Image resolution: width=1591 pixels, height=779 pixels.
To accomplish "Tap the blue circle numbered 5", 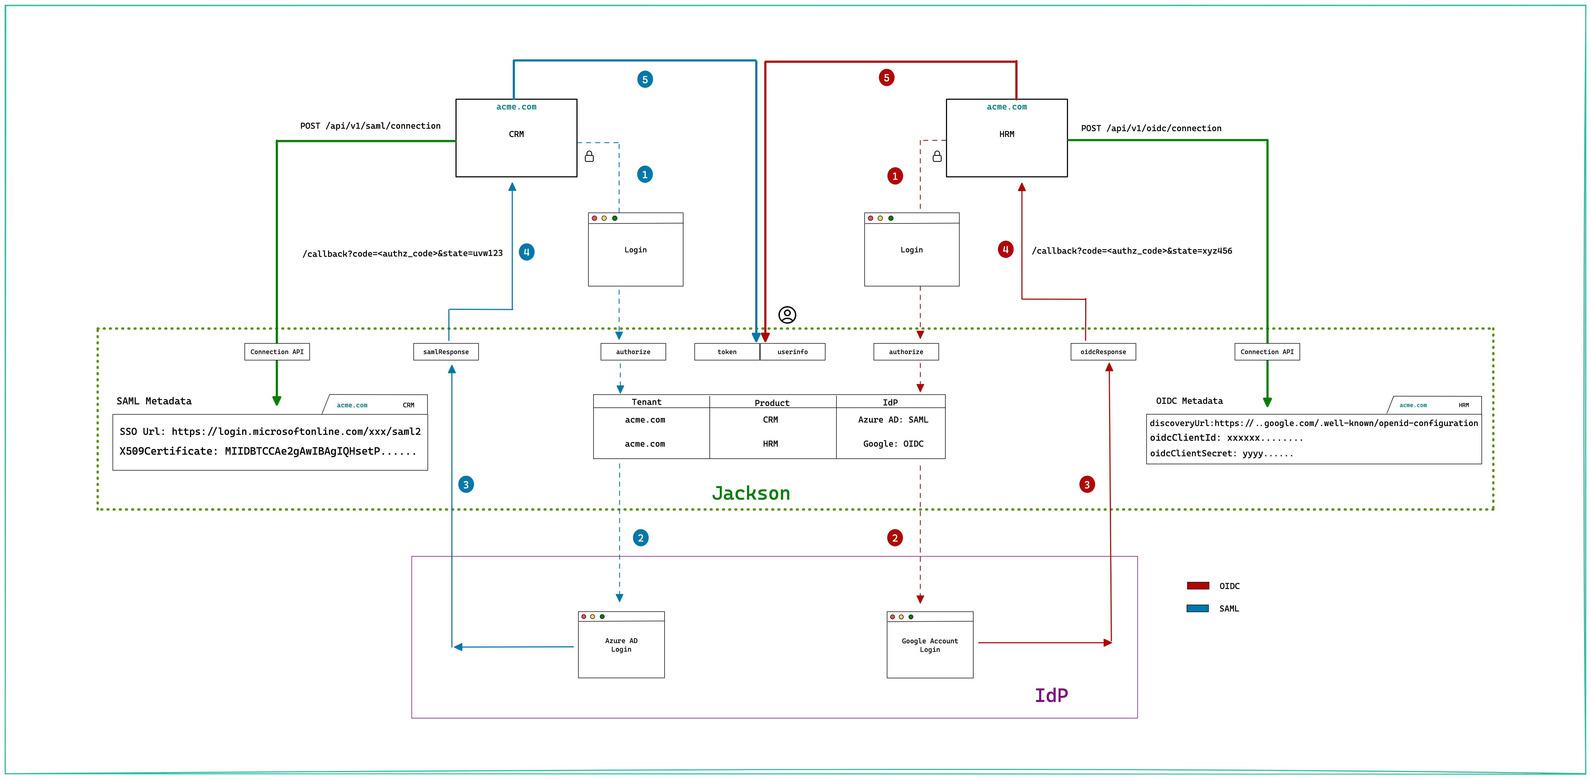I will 645,79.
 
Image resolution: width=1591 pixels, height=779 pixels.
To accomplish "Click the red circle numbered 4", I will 1005,250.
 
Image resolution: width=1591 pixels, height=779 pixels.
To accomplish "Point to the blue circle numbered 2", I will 640,537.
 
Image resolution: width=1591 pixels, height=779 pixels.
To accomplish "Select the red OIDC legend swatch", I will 1198,586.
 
